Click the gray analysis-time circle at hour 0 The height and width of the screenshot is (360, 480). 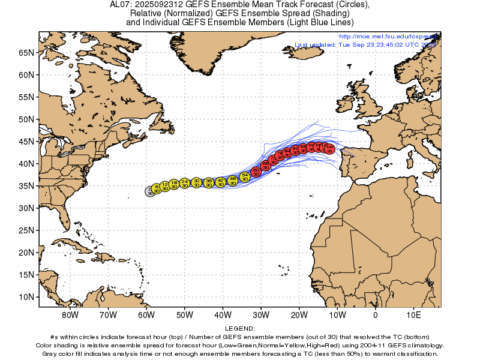[149, 191]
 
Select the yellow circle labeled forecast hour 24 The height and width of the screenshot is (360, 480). [185, 183]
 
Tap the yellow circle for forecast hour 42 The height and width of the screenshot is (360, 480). [221, 182]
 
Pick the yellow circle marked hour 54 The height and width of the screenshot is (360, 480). [245, 177]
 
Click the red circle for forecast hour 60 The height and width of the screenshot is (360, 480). [256, 172]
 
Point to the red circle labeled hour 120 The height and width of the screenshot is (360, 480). [329, 149]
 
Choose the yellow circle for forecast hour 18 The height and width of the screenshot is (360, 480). [174, 184]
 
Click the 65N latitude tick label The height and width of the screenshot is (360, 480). [26, 53]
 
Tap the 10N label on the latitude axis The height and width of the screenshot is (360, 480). [26, 297]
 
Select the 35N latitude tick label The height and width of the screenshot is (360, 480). [26, 186]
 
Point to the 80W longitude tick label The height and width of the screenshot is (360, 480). [70, 315]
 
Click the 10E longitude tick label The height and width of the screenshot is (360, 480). [413, 315]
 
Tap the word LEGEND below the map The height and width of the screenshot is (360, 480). [240, 329]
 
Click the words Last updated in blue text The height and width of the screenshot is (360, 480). [317, 45]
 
